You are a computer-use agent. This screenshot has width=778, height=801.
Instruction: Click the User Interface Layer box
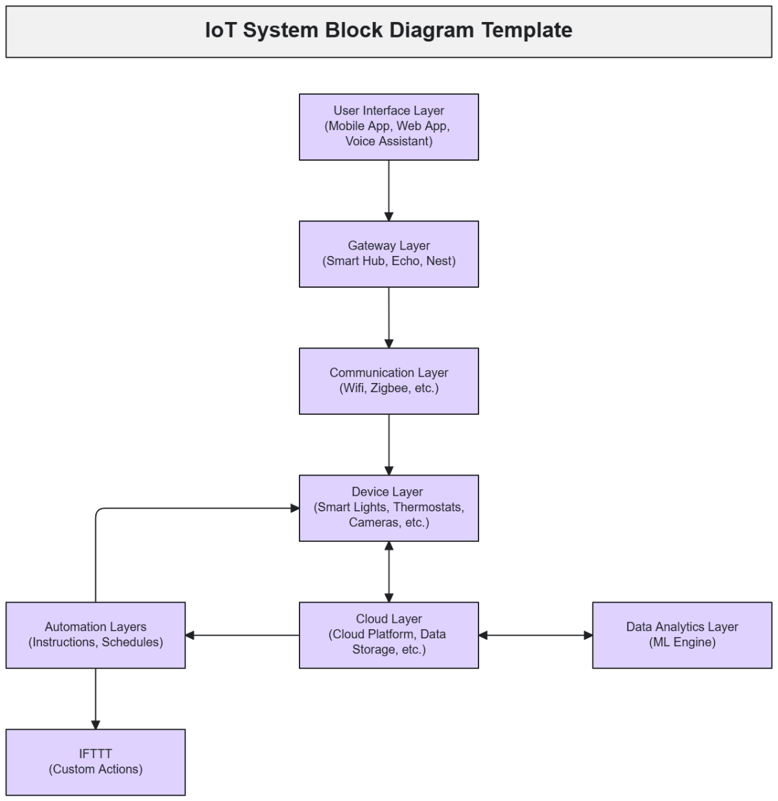tap(388, 127)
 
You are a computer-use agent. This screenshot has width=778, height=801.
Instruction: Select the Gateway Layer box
tap(388, 254)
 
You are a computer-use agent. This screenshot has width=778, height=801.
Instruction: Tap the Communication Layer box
tap(388, 381)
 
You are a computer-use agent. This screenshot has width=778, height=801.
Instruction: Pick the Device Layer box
tap(388, 508)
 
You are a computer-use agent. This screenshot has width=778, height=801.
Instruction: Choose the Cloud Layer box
tap(388, 635)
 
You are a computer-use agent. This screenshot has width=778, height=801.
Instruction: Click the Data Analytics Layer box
tap(682, 635)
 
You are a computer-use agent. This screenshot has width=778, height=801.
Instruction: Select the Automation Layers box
tap(95, 635)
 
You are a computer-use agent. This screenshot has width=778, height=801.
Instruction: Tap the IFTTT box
tap(95, 762)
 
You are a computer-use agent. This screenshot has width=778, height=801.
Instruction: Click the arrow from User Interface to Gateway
tap(389, 191)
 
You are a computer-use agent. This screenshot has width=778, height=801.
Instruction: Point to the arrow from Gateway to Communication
tap(389, 318)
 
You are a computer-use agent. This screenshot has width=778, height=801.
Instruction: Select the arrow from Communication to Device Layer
tap(389, 445)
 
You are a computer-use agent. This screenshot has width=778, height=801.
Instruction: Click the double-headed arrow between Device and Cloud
tap(389, 572)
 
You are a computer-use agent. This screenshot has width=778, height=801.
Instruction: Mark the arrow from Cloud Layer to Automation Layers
tap(242, 635)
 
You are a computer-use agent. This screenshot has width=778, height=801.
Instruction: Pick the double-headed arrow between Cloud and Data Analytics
tap(536, 635)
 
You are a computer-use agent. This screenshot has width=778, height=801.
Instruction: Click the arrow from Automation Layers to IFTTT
tap(95, 699)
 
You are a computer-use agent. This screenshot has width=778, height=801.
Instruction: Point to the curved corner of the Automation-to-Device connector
tap(98, 511)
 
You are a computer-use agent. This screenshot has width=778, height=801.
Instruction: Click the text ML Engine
tap(682, 643)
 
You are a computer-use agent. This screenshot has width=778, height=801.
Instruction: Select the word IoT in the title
tap(220, 30)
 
